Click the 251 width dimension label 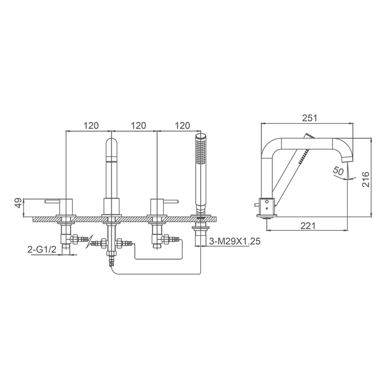click(x=309, y=118)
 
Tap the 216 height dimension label click(x=365, y=179)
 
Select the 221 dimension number click(x=308, y=225)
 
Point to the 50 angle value click(x=338, y=171)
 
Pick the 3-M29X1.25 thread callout click(x=235, y=241)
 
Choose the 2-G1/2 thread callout click(x=42, y=250)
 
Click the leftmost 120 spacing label click(x=91, y=125)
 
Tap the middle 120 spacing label click(x=138, y=125)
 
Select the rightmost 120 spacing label click(x=182, y=125)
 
